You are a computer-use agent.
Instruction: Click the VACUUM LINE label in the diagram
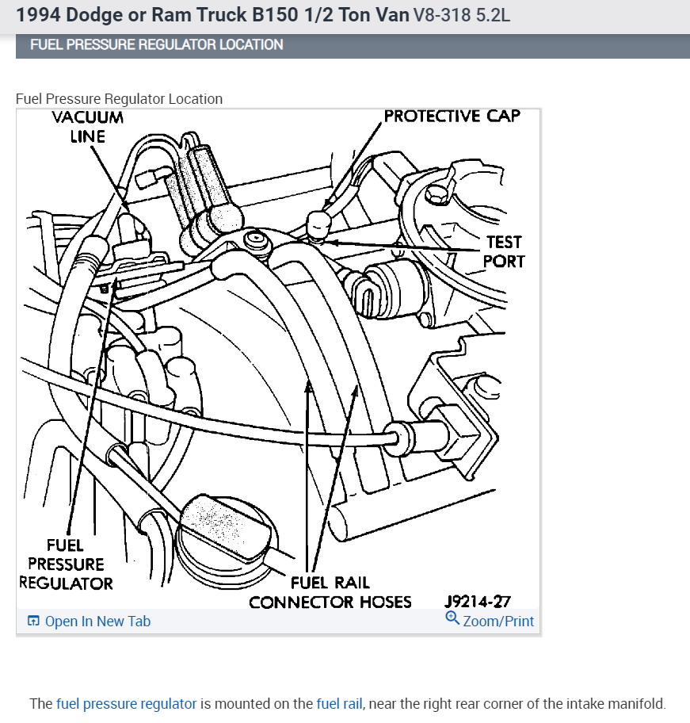pyautogui.click(x=88, y=127)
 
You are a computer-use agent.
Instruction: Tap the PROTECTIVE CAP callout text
pyautogui.click(x=452, y=117)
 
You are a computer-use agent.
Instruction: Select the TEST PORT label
pyautogui.click(x=504, y=251)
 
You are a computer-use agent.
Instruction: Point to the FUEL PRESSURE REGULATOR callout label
pyautogui.click(x=66, y=564)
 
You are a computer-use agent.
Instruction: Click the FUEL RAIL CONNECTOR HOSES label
pyautogui.click(x=330, y=593)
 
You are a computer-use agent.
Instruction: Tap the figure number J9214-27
pyautogui.click(x=477, y=602)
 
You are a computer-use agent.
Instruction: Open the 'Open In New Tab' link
pyautogui.click(x=97, y=622)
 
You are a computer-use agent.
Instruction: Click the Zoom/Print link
pyautogui.click(x=498, y=622)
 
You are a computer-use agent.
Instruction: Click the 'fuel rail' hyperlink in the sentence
pyautogui.click(x=339, y=703)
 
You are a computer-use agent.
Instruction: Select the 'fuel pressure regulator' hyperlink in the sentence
pyautogui.click(x=126, y=703)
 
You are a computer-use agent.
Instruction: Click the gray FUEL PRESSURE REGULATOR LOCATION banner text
pyautogui.click(x=156, y=44)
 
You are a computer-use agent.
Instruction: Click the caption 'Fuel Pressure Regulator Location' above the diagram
pyautogui.click(x=119, y=99)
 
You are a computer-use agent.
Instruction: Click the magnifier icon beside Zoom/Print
pyautogui.click(x=452, y=618)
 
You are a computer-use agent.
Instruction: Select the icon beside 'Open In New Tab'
pyautogui.click(x=33, y=622)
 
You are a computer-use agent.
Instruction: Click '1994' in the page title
pyautogui.click(x=39, y=15)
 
